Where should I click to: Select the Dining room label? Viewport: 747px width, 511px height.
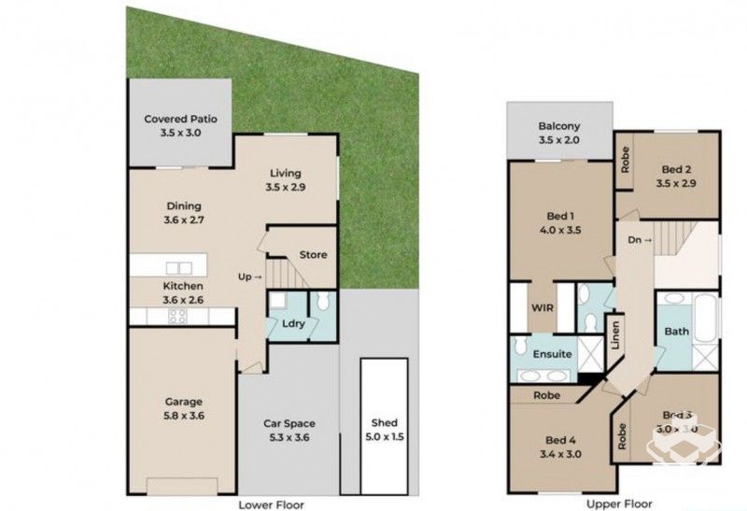click(x=183, y=206)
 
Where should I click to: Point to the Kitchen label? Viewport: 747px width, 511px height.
click(x=183, y=286)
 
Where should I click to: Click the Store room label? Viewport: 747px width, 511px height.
click(x=312, y=254)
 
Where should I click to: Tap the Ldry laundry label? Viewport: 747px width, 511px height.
click(x=292, y=323)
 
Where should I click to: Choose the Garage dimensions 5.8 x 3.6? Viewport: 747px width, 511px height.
click(x=183, y=416)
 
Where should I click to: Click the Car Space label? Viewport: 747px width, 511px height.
click(x=289, y=422)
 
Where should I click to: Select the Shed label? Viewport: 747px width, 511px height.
click(x=384, y=422)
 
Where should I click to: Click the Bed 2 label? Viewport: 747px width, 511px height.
click(x=677, y=169)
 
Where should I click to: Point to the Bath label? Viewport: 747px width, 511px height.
click(x=676, y=332)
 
